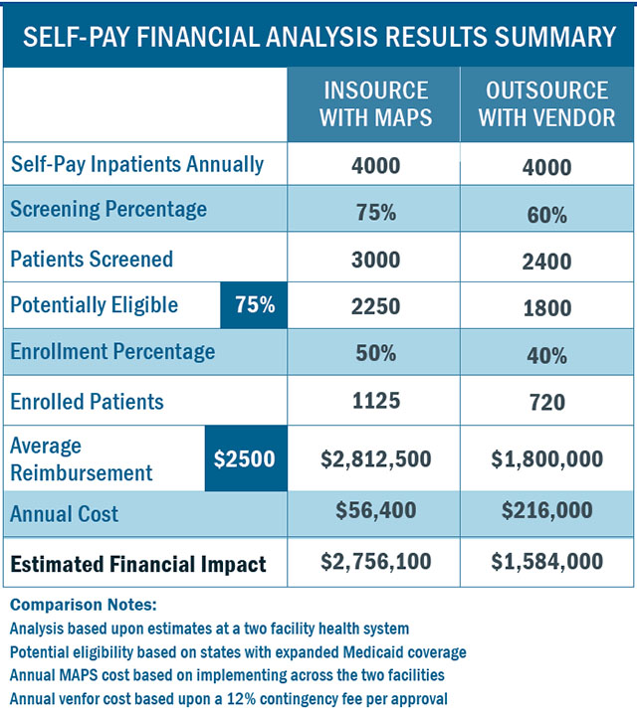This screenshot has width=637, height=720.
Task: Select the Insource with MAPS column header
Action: pos(376,103)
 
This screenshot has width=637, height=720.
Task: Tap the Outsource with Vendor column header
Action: pos(546,103)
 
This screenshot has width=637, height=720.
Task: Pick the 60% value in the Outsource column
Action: pos(546,214)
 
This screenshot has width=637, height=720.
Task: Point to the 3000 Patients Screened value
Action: pos(376,260)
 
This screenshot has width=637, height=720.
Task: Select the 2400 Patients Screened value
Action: pos(546,262)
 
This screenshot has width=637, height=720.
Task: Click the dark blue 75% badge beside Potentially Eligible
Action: pos(254,305)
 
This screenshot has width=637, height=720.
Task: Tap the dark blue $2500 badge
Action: pos(245,458)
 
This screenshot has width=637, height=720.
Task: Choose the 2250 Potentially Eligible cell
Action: pos(376,306)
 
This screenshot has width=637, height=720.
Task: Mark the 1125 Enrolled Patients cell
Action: pos(376,401)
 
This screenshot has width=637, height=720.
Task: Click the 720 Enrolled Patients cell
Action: pos(546,403)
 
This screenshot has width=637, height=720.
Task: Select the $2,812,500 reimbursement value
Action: pos(376,458)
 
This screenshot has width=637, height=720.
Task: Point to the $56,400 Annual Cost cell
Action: pos(376,511)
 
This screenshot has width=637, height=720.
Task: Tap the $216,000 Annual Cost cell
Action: pos(546,511)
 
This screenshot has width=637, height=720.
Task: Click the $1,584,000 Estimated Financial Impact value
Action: pos(546,562)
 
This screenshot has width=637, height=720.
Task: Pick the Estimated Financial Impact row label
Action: pos(138,565)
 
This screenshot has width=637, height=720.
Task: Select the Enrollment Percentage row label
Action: pos(112,353)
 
